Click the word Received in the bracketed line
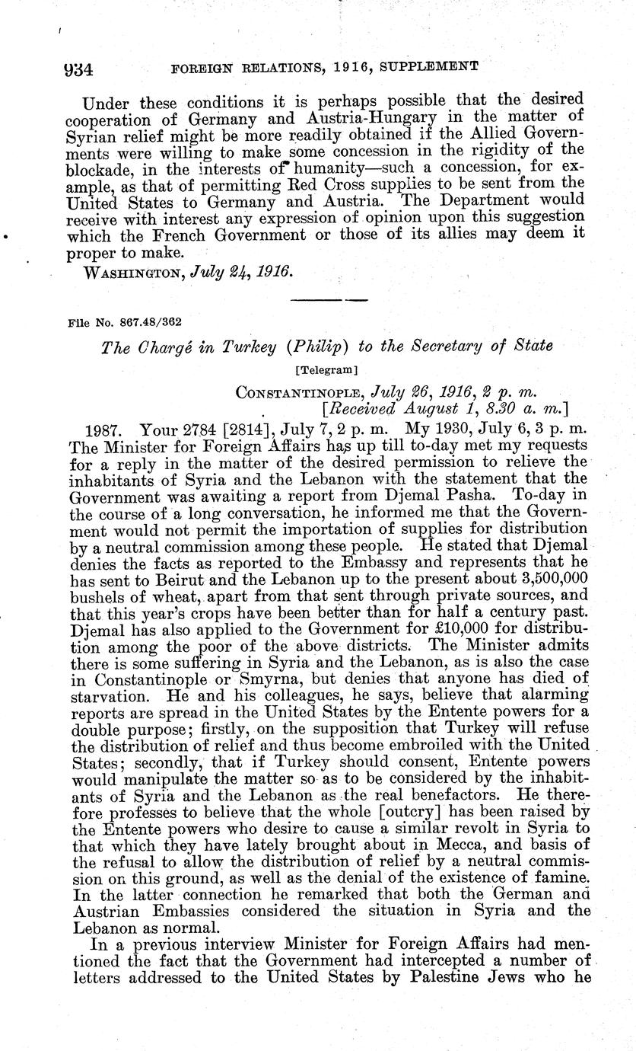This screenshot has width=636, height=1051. coord(369,409)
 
